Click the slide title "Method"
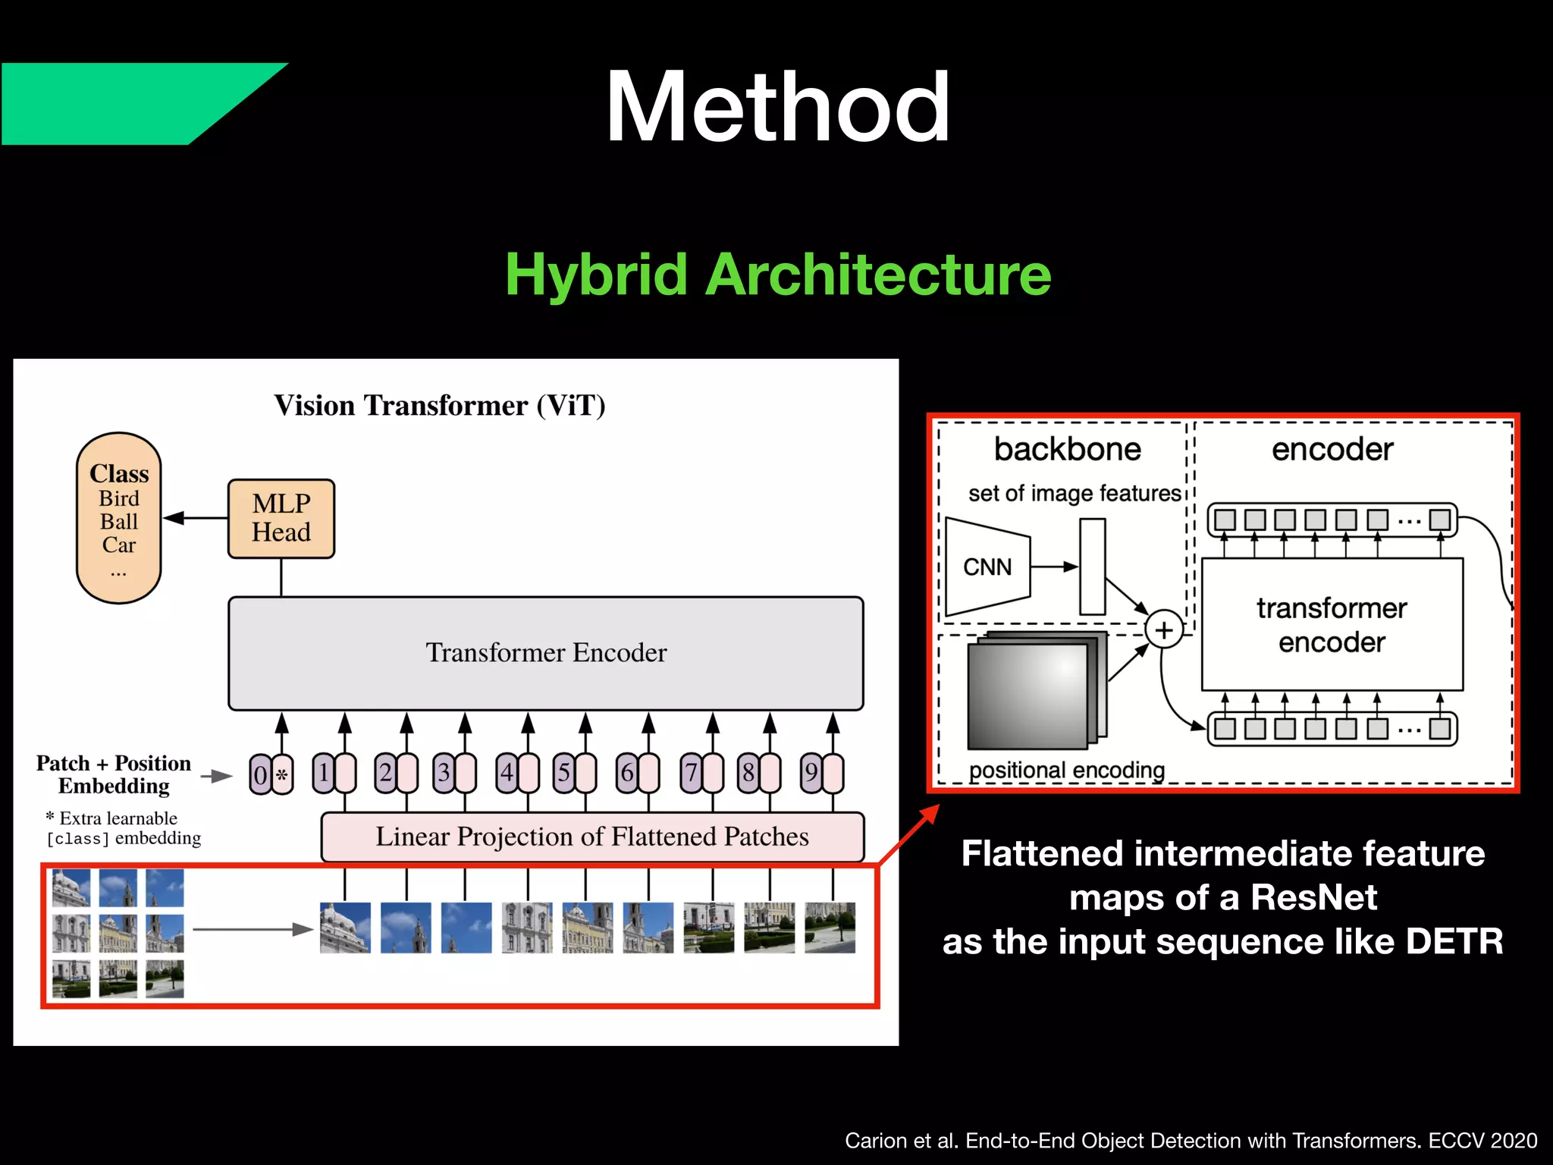coord(777,107)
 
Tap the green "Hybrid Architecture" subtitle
coord(778,275)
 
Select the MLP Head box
coord(281,519)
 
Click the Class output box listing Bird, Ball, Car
coord(119,518)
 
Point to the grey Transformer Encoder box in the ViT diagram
coord(546,653)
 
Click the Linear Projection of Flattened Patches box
coord(592,837)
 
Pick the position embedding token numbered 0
coord(260,774)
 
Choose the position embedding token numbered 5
coord(564,773)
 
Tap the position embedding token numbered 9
coord(811,773)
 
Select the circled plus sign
coord(1164,630)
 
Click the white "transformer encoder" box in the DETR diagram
coord(1332,625)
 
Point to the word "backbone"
coord(1067,449)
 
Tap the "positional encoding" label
coord(1066,771)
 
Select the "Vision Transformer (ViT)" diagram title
coord(440,406)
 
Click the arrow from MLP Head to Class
coord(195,518)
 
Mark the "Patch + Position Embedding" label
coord(114,774)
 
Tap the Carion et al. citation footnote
coord(1191,1141)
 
